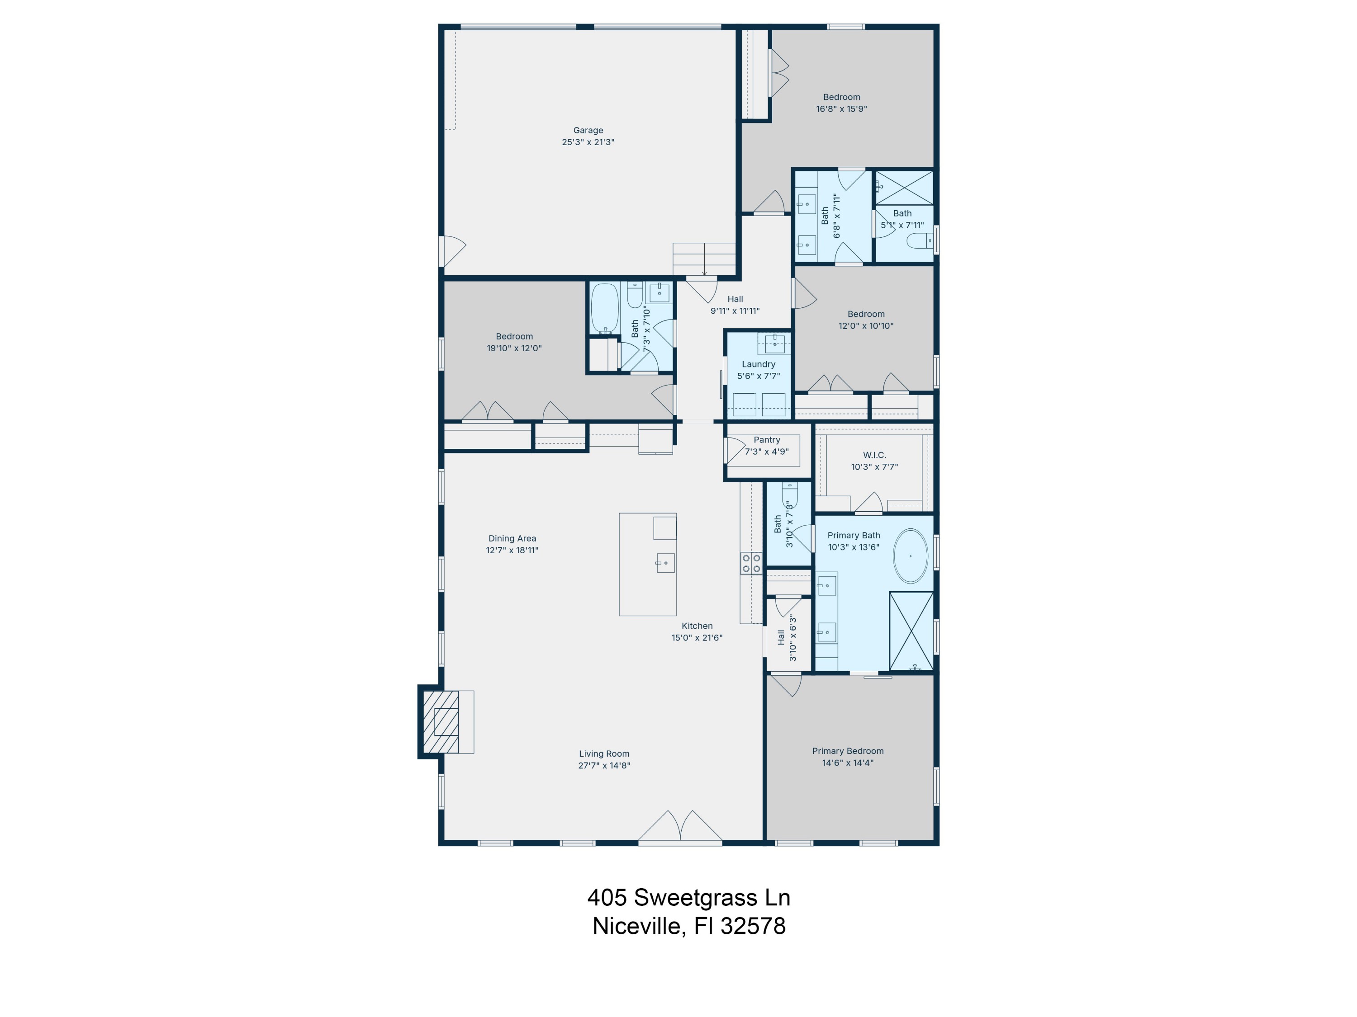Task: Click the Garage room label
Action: (588, 130)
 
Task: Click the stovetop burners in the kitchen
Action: (751, 563)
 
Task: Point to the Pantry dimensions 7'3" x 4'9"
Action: (767, 452)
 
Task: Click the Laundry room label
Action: (758, 364)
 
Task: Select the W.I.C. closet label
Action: (874, 455)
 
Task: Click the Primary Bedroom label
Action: (847, 751)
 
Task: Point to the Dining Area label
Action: (512, 538)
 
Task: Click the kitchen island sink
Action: (665, 562)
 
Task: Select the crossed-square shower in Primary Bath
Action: (911, 631)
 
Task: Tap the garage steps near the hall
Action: (704, 258)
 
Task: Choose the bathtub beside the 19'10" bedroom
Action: (604, 308)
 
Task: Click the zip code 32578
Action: (753, 926)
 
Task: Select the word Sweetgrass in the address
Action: (695, 898)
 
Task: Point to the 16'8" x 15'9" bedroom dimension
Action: (841, 109)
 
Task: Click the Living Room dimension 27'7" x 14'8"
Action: (604, 765)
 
